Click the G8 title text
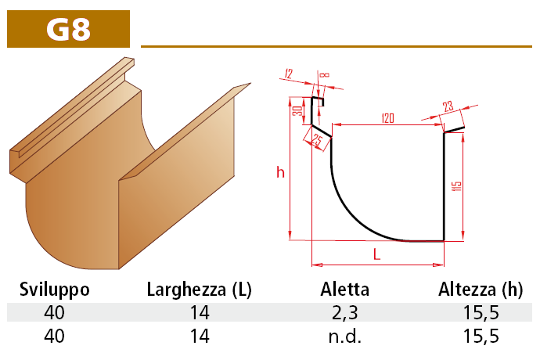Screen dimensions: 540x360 point(69,29)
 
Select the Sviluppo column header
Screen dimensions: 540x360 point(55,290)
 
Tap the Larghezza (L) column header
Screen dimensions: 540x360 point(200,290)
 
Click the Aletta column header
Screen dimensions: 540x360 point(344,290)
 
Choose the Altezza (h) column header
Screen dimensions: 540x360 point(481,290)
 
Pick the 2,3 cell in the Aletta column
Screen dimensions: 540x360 point(345,313)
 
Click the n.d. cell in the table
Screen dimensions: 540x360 point(345,337)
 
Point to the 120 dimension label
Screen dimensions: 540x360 point(387,118)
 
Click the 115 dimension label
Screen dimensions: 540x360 point(456,186)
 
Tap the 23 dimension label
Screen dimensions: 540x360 point(448,106)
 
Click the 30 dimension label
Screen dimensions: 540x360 point(298,110)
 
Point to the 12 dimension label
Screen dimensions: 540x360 point(289,74)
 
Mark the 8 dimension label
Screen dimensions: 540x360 point(325,74)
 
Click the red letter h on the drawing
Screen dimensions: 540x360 point(280,172)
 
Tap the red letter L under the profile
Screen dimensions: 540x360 point(376,254)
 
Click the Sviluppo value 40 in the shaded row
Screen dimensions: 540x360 point(54,312)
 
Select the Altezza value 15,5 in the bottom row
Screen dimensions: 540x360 point(481,337)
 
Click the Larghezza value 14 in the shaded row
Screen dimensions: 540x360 point(200,312)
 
